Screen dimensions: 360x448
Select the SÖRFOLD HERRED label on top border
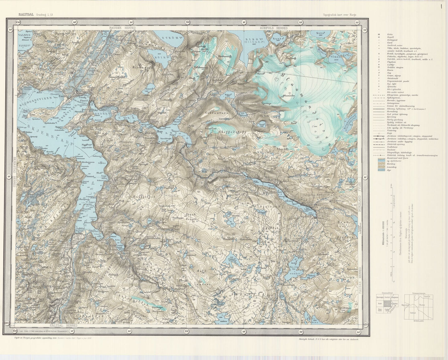pyautogui.click(x=274, y=28)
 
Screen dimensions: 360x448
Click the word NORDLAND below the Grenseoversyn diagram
pyautogui.click(x=420, y=321)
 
